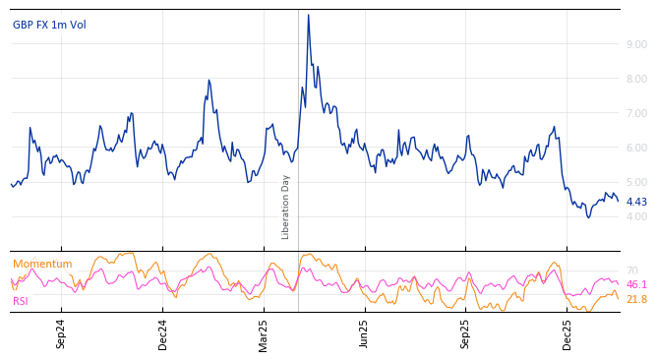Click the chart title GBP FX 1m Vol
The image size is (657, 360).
49,25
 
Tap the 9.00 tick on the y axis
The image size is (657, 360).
636,44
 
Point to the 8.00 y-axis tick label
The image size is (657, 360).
636,79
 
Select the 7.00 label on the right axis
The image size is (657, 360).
636,113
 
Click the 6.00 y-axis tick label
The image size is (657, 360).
636,148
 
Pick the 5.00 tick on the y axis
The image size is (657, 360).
636,182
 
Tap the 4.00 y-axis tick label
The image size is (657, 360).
636,216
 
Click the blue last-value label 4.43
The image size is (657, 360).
636,202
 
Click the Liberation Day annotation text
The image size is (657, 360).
286,207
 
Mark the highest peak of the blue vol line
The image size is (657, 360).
308,15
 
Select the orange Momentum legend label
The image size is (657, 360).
42,264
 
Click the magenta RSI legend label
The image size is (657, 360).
21,301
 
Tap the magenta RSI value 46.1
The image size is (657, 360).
636,284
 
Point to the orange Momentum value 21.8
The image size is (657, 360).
636,299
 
